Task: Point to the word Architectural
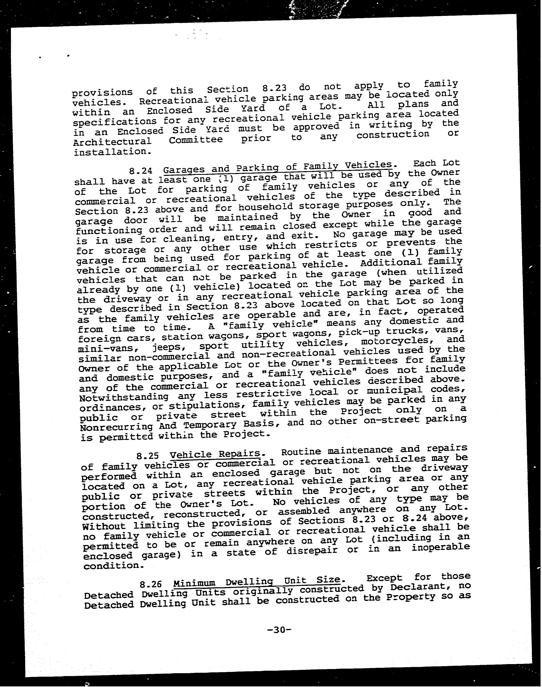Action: point(112,141)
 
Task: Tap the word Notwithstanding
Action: point(124,397)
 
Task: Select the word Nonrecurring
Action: point(116,427)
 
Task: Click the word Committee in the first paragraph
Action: point(196,140)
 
